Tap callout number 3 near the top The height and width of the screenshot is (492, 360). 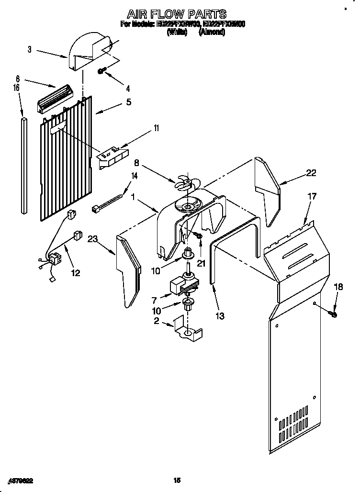[x=30, y=49]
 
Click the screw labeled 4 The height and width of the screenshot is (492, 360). [x=101, y=71]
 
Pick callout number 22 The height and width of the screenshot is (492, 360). [x=311, y=173]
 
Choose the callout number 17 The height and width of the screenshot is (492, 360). [x=312, y=196]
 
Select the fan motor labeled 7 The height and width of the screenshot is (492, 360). [x=180, y=286]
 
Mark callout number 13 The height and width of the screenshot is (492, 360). [x=220, y=316]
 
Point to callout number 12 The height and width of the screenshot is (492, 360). [x=75, y=273]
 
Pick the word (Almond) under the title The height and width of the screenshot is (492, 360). [x=212, y=33]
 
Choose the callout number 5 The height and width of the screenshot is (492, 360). [x=128, y=101]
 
